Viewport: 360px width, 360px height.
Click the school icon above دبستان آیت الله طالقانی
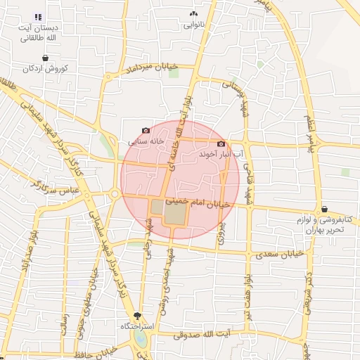click(x=38, y=17)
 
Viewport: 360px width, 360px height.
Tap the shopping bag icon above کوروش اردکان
click(x=46, y=58)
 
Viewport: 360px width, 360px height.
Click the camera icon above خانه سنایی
click(x=146, y=130)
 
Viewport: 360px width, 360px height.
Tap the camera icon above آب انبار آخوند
click(x=221, y=143)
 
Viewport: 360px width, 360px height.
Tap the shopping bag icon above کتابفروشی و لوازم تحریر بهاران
click(x=324, y=209)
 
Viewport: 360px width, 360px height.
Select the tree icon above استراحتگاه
click(x=136, y=317)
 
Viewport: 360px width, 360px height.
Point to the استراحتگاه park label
click(x=136, y=327)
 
